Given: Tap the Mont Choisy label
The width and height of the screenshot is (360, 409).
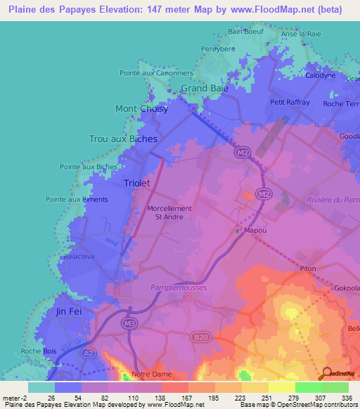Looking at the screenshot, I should [141, 109].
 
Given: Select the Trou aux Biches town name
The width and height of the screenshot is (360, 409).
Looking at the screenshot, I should [123, 139].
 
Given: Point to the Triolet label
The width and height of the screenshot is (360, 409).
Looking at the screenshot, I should [137, 183].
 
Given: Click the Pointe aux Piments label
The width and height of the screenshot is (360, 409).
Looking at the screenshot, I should [77, 200].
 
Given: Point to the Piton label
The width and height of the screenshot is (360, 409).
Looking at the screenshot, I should [308, 268].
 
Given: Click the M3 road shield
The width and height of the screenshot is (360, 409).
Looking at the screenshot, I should [129, 323].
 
